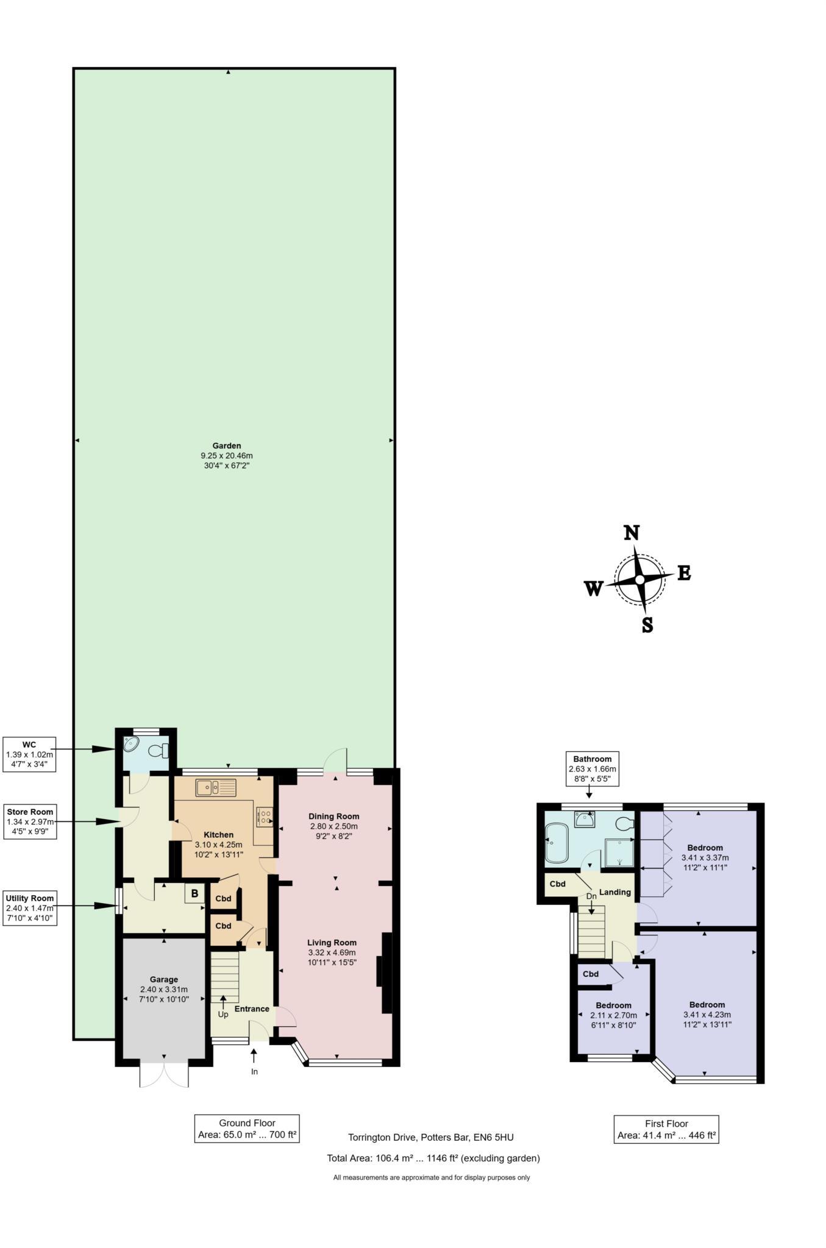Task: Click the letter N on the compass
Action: point(632,533)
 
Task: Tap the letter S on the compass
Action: point(647,625)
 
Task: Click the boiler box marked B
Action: point(194,894)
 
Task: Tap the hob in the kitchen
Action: point(265,817)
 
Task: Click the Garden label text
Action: point(227,445)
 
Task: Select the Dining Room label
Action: point(333,816)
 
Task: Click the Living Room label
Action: point(332,942)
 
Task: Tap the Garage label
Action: point(164,979)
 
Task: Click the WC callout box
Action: point(29,754)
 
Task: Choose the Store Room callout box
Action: point(30,821)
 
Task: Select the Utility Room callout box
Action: point(30,908)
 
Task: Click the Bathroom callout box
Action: point(592,768)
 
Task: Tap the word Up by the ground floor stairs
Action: point(223,1015)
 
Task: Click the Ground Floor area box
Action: point(247,1129)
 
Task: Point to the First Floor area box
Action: point(666,1129)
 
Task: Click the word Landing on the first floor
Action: point(614,892)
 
